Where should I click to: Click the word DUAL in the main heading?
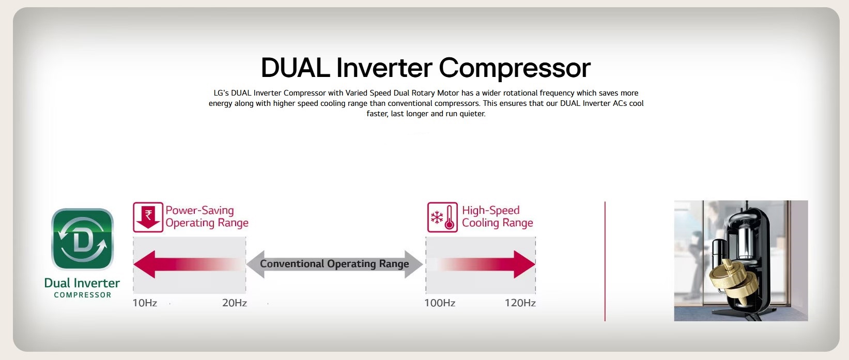(x=295, y=68)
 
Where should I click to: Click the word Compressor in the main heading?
(x=514, y=69)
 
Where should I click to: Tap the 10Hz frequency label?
(x=144, y=303)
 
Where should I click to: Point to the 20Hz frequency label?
(x=234, y=303)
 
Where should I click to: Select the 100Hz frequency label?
(x=440, y=303)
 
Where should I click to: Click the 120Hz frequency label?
(x=520, y=303)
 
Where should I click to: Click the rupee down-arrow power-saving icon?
(x=148, y=217)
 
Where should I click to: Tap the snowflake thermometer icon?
(x=442, y=217)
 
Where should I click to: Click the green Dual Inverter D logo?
(x=82, y=239)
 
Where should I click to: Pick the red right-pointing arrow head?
(x=524, y=264)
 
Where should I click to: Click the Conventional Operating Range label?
(x=334, y=264)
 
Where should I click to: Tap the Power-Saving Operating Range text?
(x=207, y=216)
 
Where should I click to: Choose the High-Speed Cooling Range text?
(x=497, y=216)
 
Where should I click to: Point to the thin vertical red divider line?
(x=605, y=261)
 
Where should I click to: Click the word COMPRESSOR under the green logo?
(x=83, y=295)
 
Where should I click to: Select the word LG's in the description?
(x=221, y=93)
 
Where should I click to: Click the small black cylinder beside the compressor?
(x=719, y=252)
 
